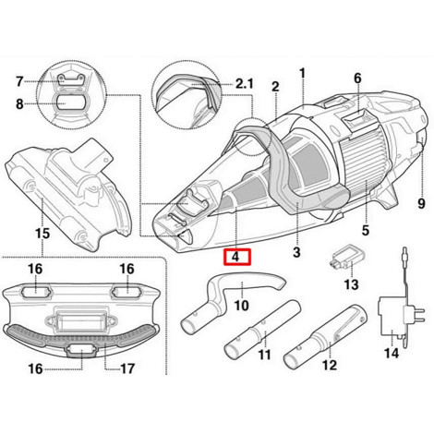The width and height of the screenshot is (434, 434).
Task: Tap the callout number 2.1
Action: point(245,83)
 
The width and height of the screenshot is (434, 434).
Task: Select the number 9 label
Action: point(421,203)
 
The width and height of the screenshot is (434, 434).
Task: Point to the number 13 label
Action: point(351,284)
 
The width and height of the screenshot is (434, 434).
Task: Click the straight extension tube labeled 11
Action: point(262,330)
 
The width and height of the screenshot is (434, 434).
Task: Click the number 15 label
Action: point(42,234)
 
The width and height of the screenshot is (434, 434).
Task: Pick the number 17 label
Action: point(127,368)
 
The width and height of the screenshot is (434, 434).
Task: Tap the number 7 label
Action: point(19,81)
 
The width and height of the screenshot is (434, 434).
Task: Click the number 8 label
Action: point(19,104)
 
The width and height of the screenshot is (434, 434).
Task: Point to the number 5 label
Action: point(366,230)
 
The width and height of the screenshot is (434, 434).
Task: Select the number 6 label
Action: point(357,78)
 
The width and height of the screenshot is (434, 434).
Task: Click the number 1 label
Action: point(303,74)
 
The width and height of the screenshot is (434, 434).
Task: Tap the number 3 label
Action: point(296,252)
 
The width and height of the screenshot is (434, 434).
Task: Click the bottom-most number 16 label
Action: point(35,368)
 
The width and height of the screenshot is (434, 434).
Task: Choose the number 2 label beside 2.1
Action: point(275,87)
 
